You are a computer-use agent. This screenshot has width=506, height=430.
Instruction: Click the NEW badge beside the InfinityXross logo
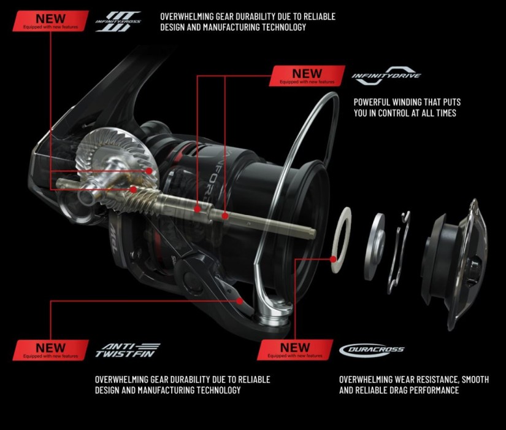click(50, 21)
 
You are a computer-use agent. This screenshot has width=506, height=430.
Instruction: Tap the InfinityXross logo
click(118, 21)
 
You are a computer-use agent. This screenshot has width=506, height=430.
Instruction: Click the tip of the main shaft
click(312, 233)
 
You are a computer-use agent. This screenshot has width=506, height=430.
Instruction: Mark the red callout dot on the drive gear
click(148, 170)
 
